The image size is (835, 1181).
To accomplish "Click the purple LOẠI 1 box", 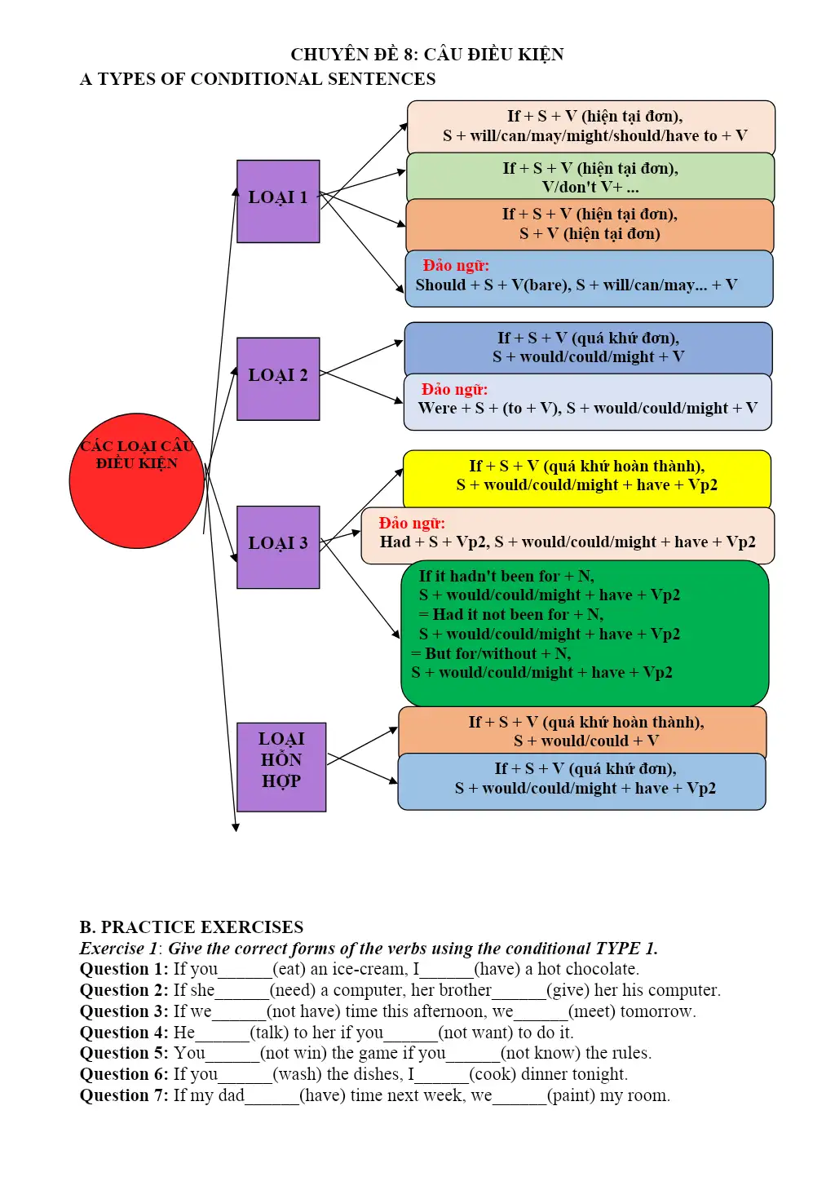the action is (x=278, y=201).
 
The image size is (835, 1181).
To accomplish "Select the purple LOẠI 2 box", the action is (x=278, y=379).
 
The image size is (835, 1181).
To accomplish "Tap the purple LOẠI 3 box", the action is (x=278, y=547).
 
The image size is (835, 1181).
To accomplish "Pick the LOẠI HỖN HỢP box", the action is (x=281, y=767).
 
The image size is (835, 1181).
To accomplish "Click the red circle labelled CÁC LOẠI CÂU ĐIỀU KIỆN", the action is (x=136, y=481).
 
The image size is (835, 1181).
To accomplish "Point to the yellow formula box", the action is (x=587, y=479).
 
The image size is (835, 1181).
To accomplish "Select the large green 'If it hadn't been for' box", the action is (x=585, y=633).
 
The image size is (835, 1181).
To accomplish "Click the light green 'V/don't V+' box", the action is (x=590, y=177).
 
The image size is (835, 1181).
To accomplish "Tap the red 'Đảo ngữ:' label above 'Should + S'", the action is (x=456, y=265).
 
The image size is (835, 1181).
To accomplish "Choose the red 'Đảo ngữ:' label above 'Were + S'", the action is (x=454, y=389).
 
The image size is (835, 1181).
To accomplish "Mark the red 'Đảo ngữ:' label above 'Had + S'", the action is (x=412, y=523).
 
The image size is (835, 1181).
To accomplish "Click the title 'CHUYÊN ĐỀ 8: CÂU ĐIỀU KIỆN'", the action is (x=427, y=55).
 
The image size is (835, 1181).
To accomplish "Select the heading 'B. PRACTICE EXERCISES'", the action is (x=192, y=927).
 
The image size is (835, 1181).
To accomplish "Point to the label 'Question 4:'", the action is (x=124, y=1032).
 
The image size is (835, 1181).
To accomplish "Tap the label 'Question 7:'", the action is (x=124, y=1095).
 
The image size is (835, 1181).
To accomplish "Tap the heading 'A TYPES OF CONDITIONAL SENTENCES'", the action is (x=258, y=78).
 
